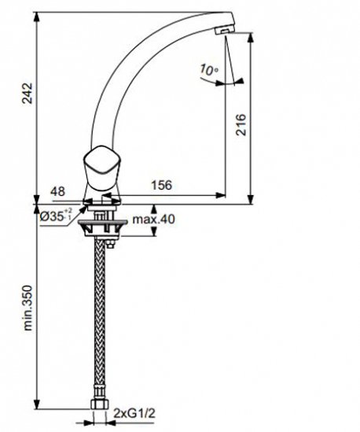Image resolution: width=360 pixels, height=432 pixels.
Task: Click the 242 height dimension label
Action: click(28, 93)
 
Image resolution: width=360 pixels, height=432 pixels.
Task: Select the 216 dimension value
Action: click(241, 124)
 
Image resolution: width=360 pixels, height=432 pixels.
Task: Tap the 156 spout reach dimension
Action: click(162, 185)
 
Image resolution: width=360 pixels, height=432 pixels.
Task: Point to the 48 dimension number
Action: click(57, 191)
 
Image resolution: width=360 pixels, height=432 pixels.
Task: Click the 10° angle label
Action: click(209, 70)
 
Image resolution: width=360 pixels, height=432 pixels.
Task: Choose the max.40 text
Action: click(153, 220)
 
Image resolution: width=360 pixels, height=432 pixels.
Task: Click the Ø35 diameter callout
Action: click(56, 216)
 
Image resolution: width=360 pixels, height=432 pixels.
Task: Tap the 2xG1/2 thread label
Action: click(134, 413)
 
